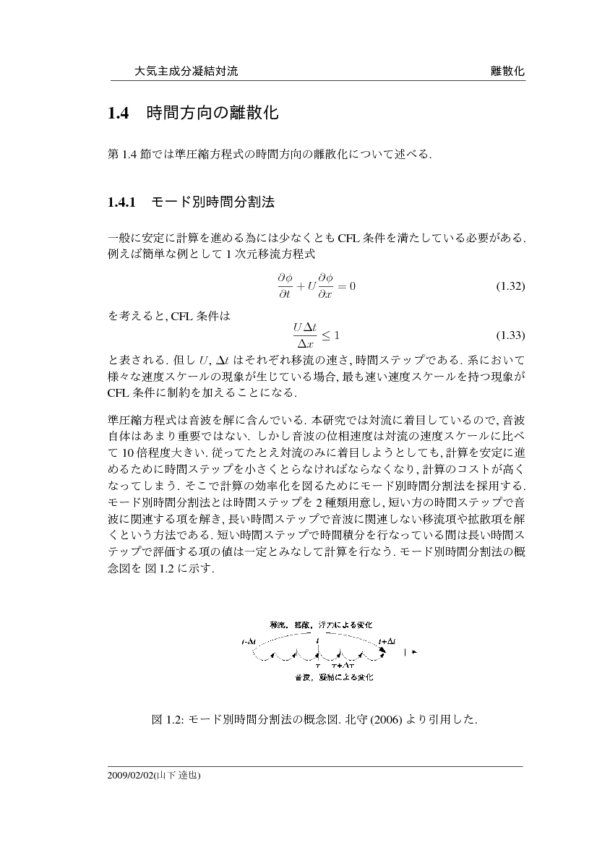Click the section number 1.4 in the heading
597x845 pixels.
(118, 113)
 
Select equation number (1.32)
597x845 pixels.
(510, 286)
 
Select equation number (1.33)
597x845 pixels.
(510, 336)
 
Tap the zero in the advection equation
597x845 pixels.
(352, 286)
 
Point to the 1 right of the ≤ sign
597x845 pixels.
(336, 335)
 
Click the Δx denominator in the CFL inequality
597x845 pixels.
(304, 343)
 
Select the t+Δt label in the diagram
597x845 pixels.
(387, 641)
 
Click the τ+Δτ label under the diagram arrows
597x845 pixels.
(342, 664)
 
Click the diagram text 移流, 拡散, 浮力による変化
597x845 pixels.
(321, 625)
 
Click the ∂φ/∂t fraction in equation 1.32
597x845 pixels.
(284, 286)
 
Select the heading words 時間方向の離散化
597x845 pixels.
(212, 113)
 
